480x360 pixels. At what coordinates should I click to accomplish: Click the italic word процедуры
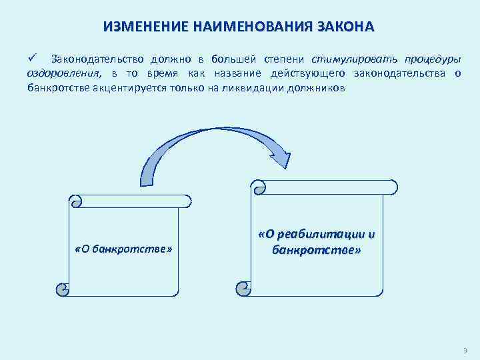click(429, 59)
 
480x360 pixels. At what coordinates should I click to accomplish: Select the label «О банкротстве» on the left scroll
click(124, 250)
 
